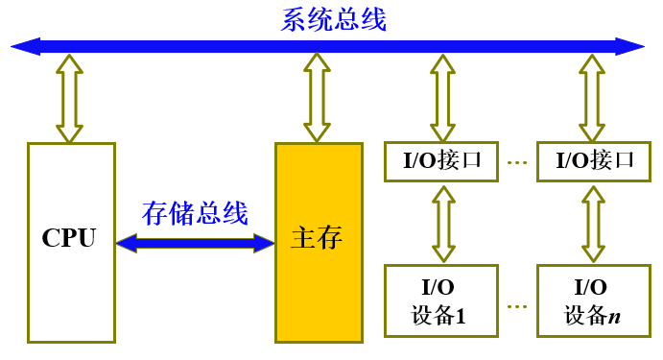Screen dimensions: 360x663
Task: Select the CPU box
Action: (71, 288)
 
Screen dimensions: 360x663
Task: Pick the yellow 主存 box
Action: (319, 288)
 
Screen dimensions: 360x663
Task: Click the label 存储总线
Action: (195, 212)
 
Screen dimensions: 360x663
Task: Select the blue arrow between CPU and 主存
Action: (195, 244)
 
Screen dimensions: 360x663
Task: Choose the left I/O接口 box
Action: (441, 160)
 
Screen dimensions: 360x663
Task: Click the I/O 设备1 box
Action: (441, 300)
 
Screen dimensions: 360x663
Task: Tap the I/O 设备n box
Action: (592, 300)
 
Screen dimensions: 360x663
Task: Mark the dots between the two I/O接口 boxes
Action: (518, 161)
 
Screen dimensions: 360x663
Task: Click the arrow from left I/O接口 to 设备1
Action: (441, 223)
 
